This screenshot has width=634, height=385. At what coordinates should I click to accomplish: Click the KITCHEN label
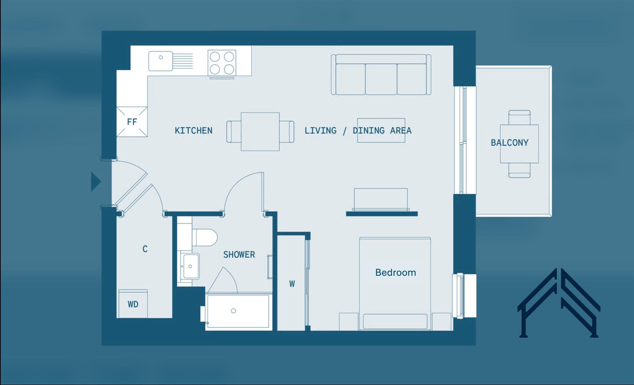tap(194, 130)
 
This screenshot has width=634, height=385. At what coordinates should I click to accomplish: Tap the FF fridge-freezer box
tap(132, 122)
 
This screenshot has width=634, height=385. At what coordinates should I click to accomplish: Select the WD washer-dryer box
tap(133, 304)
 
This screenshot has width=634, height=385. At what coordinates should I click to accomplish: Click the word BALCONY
tap(509, 143)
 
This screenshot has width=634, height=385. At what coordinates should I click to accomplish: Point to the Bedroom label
tap(395, 273)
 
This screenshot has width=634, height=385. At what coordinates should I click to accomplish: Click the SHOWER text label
tap(239, 255)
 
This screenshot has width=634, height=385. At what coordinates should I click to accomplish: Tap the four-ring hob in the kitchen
tap(222, 63)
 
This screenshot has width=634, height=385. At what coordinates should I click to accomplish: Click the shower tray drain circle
tap(233, 311)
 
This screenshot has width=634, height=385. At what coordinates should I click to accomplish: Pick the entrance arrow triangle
tap(95, 181)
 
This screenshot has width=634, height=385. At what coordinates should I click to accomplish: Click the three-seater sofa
tap(381, 75)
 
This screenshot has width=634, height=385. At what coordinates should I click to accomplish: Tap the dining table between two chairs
tap(260, 132)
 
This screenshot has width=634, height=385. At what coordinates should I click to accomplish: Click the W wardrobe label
tap(292, 284)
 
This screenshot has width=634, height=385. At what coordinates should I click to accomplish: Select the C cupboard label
tap(145, 249)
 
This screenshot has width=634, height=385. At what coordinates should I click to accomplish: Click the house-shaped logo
tap(558, 303)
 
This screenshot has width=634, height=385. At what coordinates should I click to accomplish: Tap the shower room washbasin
tap(190, 266)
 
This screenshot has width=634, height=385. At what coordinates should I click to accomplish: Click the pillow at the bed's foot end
tap(395, 322)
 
